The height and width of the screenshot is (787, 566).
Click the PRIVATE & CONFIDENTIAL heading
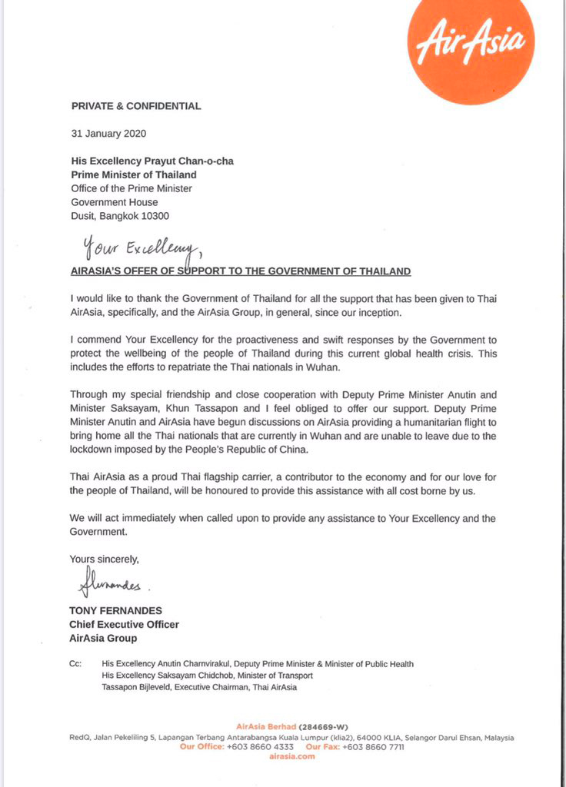tap(136, 106)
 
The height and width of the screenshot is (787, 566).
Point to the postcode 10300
tap(152, 216)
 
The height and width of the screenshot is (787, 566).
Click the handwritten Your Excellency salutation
tap(138, 248)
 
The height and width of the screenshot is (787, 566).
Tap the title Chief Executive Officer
tap(124, 624)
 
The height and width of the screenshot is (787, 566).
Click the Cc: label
tap(76, 664)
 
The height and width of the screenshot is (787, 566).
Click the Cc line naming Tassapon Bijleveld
tap(199, 687)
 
